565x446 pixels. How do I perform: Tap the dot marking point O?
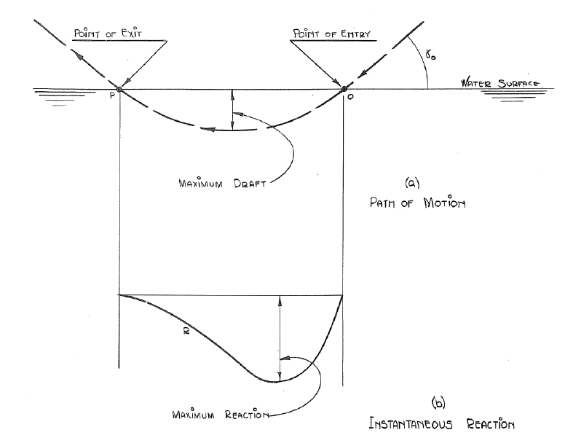pyautogui.click(x=344, y=90)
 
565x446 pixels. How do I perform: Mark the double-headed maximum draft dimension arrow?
pyautogui.click(x=232, y=110)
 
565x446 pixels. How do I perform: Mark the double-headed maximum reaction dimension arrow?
pyautogui.click(x=278, y=338)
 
